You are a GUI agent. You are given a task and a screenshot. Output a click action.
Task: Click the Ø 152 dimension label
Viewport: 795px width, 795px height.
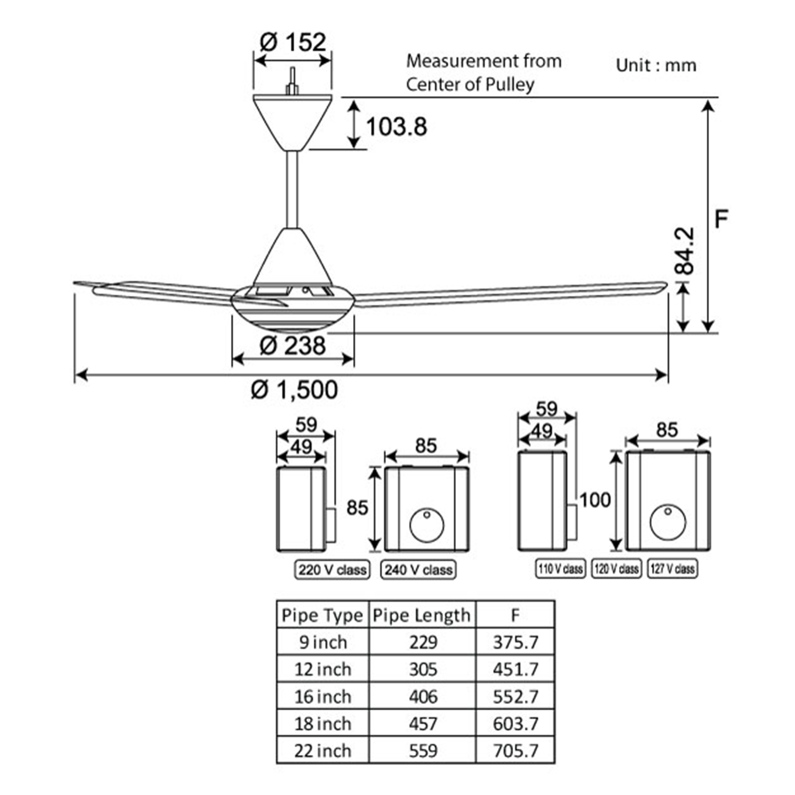click(x=293, y=43)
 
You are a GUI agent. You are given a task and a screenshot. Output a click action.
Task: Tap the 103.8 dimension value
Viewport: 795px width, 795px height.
click(x=396, y=126)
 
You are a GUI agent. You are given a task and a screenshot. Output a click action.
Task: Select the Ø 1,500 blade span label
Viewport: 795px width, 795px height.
click(x=294, y=390)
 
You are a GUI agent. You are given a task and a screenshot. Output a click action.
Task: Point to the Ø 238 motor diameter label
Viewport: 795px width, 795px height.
click(x=293, y=345)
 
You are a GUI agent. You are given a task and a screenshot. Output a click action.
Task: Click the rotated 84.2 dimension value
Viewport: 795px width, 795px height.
click(x=685, y=251)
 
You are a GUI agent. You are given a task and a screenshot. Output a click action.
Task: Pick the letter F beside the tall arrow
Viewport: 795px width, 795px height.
click(x=721, y=219)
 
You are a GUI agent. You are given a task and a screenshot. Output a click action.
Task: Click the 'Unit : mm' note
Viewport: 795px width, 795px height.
click(x=656, y=66)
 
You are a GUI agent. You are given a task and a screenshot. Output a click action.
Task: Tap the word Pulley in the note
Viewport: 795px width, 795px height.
click(x=510, y=84)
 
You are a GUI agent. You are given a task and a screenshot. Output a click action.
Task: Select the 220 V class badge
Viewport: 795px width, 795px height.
click(x=332, y=570)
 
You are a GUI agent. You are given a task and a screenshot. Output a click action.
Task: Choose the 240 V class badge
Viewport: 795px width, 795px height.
click(x=419, y=570)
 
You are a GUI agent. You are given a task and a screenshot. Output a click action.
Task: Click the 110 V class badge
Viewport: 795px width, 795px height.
click(x=560, y=569)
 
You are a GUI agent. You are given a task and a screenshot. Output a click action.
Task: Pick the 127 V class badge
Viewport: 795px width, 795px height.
click(x=673, y=569)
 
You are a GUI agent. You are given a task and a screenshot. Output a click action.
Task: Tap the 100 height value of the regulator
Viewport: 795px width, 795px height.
click(x=595, y=500)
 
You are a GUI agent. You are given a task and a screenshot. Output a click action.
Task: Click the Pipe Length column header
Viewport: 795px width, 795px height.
click(x=422, y=616)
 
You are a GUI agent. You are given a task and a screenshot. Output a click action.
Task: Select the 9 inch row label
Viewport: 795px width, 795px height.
click(x=323, y=642)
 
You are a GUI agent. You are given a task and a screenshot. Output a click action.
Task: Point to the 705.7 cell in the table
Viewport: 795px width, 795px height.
click(x=515, y=751)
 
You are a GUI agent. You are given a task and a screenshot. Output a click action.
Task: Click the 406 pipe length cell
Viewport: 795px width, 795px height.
click(x=423, y=697)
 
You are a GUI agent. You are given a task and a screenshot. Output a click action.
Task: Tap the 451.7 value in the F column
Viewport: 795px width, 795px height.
click(x=515, y=669)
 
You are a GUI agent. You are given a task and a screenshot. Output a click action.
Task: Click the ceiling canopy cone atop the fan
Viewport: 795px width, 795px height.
click(x=292, y=121)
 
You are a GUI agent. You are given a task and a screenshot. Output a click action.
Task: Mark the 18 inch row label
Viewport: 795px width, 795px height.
click(x=323, y=724)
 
